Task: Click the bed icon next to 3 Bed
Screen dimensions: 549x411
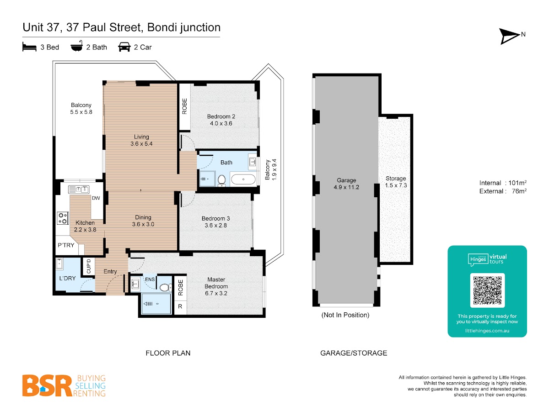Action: click(x=30, y=47)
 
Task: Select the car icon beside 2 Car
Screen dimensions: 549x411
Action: click(x=124, y=47)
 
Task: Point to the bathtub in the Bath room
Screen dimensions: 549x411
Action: click(x=243, y=179)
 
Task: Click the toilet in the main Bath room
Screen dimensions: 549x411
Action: click(x=221, y=180)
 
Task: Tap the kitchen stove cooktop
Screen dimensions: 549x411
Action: click(x=63, y=218)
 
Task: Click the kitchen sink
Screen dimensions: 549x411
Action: click(x=79, y=190)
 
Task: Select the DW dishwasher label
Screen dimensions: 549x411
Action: click(x=96, y=198)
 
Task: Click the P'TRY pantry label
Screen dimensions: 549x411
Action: click(x=66, y=245)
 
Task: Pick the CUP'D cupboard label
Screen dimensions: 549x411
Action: click(x=89, y=266)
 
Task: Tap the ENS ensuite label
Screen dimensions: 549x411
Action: click(x=150, y=279)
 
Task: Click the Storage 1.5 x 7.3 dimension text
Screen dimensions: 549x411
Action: click(x=396, y=182)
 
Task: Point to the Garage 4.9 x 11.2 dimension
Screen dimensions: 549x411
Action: click(x=346, y=184)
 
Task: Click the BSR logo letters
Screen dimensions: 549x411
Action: click(x=47, y=385)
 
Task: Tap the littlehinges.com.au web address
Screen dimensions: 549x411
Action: click(x=487, y=331)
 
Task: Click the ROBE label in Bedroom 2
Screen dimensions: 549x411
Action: click(x=184, y=106)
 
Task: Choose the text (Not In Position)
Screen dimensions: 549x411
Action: click(x=345, y=315)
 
